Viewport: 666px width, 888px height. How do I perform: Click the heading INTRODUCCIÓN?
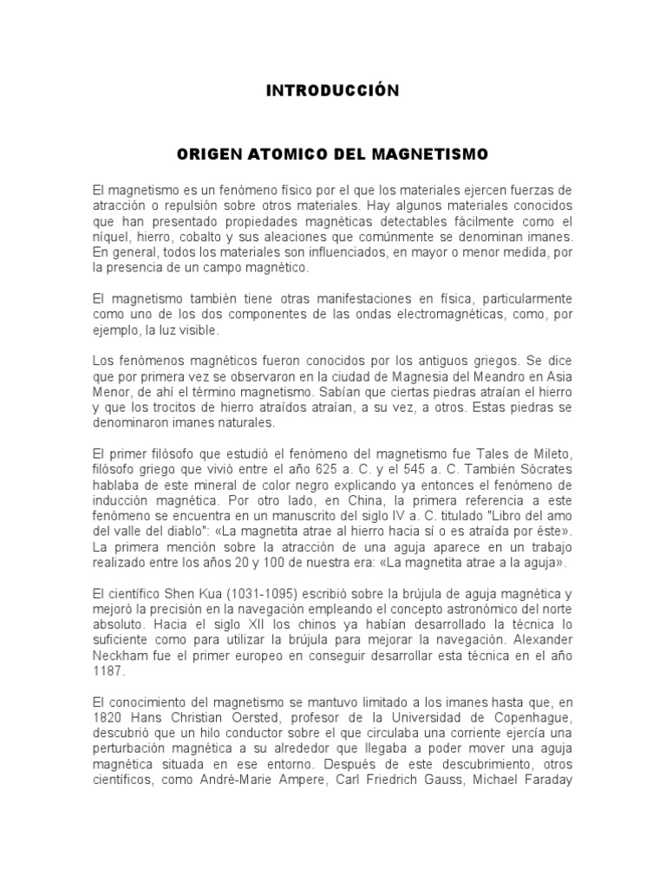(x=333, y=91)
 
